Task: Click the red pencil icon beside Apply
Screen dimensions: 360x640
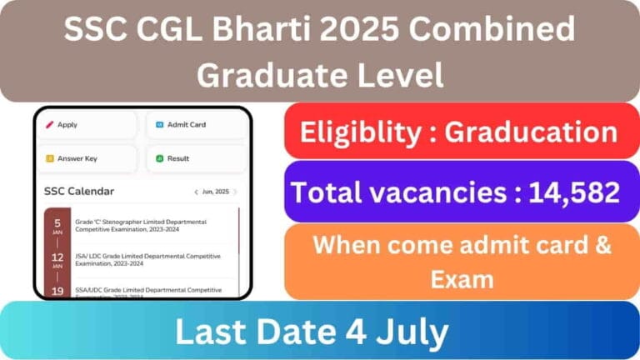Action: coord(50,125)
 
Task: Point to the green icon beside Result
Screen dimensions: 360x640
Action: coord(158,158)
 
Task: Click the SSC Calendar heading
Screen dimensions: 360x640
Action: coord(79,192)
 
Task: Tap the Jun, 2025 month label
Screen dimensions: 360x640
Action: coord(216,192)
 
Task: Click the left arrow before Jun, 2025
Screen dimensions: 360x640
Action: coord(196,192)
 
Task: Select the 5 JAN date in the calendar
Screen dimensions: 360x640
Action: coord(57,225)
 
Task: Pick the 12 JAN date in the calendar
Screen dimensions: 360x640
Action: coord(57,259)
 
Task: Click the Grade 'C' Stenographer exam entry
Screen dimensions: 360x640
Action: coord(146,225)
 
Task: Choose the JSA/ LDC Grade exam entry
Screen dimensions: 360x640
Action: coord(146,259)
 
